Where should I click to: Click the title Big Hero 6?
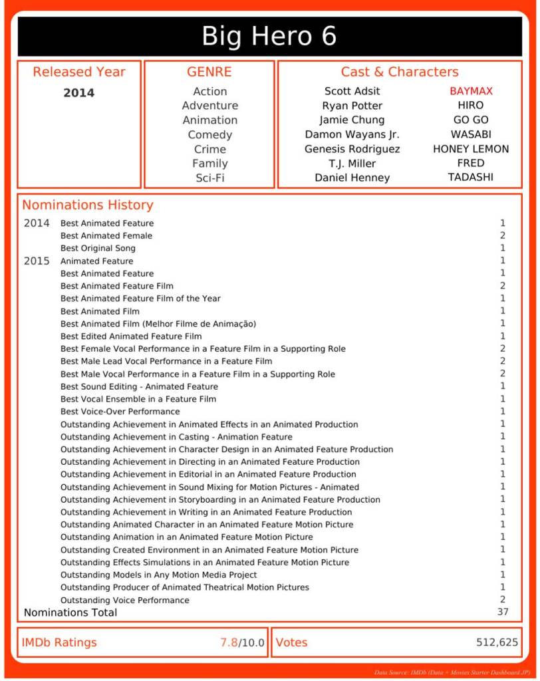(x=269, y=36)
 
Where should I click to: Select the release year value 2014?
(x=78, y=93)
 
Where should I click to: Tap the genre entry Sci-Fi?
(x=209, y=178)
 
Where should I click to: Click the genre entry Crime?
(x=209, y=149)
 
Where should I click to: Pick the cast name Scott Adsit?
(x=352, y=91)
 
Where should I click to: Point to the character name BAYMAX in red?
(x=471, y=91)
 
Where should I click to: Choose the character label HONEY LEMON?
(x=471, y=149)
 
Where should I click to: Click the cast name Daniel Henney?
(x=352, y=178)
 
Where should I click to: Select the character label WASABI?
(x=471, y=134)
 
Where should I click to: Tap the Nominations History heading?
(x=88, y=205)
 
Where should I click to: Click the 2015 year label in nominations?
(x=37, y=261)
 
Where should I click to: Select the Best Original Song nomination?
(x=98, y=249)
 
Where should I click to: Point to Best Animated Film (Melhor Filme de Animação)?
(x=158, y=324)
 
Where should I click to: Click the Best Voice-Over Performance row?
(x=120, y=412)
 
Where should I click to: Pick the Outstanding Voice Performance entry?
(x=125, y=601)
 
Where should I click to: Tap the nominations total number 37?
(x=502, y=612)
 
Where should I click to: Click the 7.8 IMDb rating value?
(x=229, y=642)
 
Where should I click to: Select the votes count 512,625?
(x=497, y=642)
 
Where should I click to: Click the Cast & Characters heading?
(x=400, y=72)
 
